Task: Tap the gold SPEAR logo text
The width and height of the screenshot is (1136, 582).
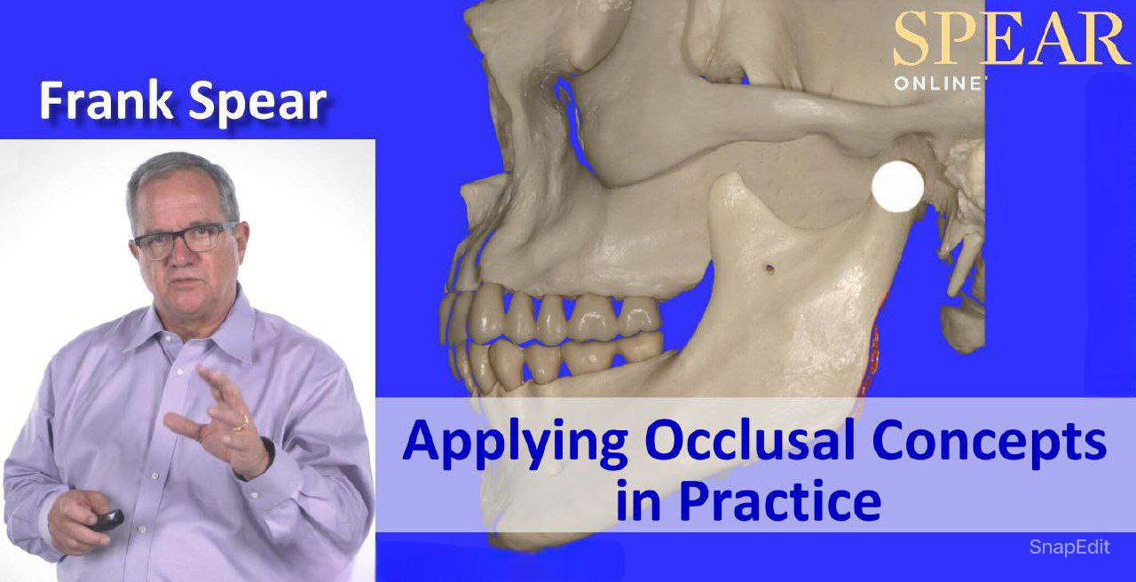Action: (1012, 39)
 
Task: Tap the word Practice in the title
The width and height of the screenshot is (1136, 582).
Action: (779, 501)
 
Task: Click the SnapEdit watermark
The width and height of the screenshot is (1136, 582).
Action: (1069, 547)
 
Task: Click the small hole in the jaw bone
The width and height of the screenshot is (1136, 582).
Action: (769, 263)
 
